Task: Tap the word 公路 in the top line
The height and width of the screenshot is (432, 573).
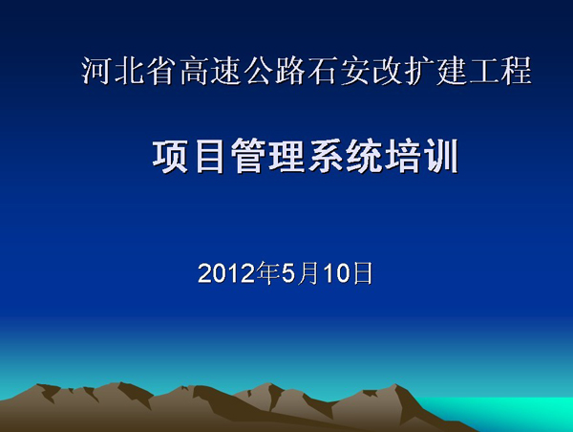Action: (275, 71)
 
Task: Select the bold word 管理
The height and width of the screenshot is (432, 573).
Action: (266, 156)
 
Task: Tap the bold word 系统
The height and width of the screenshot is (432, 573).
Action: (344, 156)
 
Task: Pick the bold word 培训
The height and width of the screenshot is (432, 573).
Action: (420, 156)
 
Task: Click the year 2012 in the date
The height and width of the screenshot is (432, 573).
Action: (226, 273)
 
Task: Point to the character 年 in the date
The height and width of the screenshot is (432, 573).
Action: (268, 273)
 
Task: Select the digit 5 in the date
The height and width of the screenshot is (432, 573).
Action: (288, 273)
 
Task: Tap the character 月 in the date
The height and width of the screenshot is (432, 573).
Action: (308, 273)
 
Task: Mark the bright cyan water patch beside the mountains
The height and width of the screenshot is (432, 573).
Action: (512, 413)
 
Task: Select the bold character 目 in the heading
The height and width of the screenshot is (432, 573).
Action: (209, 156)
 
